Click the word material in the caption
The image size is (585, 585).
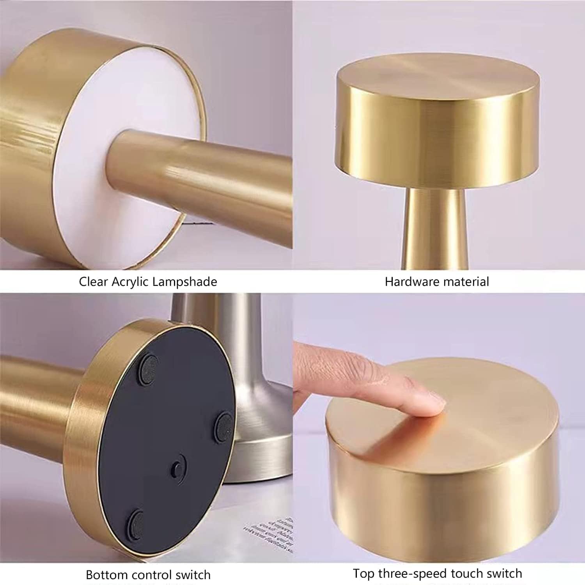pyautogui.click(x=467, y=282)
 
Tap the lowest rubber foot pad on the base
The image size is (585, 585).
pyautogui.click(x=136, y=521)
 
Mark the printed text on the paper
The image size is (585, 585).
pyautogui.click(x=269, y=532)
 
